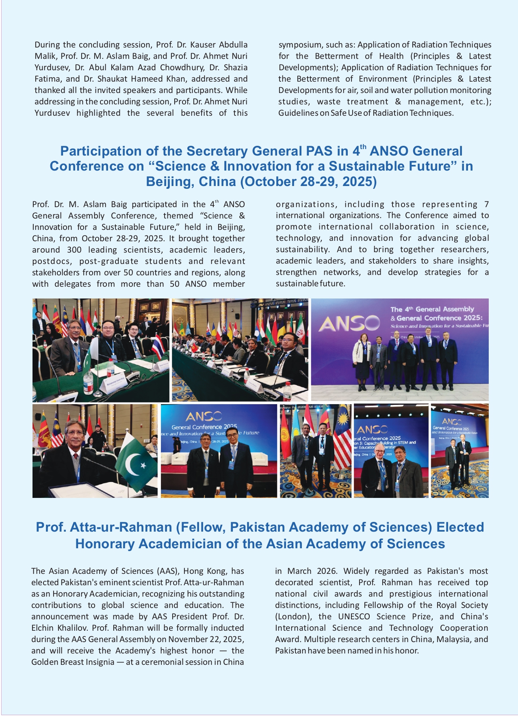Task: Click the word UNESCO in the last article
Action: (355, 616)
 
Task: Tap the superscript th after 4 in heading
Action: (363, 147)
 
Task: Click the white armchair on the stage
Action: (178, 459)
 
